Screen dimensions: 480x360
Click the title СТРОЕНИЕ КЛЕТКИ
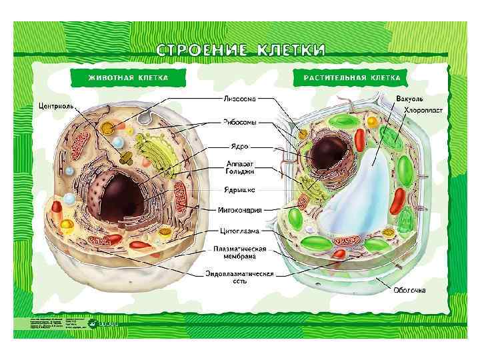tap(241, 50)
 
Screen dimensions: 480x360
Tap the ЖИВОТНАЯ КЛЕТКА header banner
tap(129, 78)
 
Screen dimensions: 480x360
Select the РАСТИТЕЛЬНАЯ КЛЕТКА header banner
tap(352, 78)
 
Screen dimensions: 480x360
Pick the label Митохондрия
tap(240, 209)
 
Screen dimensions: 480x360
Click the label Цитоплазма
tap(240, 231)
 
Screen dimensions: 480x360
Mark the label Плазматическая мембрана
tap(240, 253)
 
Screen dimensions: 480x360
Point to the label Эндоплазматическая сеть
tap(239, 277)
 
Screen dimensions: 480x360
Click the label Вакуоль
tap(409, 99)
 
